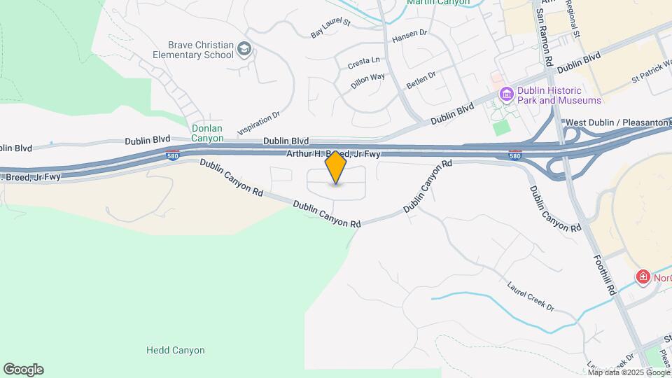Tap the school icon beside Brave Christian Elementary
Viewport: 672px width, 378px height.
(244, 48)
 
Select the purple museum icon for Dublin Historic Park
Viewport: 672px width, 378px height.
(505, 93)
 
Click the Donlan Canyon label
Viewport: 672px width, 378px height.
(208, 133)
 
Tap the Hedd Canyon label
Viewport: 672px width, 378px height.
(175, 350)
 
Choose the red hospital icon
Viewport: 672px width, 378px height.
(642, 278)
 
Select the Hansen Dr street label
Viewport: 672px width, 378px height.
(410, 34)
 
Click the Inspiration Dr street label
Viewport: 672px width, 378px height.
(259, 122)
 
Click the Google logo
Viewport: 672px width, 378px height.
(23, 370)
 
